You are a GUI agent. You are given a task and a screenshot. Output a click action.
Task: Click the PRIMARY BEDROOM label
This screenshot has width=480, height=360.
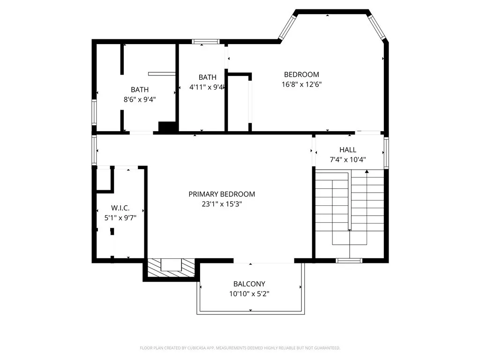click(222, 194)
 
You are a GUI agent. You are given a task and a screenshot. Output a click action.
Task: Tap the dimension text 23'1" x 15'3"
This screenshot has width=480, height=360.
click(222, 204)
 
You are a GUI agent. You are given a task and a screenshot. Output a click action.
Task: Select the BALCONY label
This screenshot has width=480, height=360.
click(249, 284)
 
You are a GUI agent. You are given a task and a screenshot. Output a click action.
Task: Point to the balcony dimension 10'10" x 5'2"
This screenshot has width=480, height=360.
click(249, 294)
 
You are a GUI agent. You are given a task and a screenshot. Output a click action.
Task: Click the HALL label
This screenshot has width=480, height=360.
click(348, 150)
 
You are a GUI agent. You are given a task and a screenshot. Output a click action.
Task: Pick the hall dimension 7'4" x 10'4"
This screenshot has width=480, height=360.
click(348, 159)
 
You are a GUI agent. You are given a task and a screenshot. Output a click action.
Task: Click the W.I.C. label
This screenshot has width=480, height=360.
click(120, 208)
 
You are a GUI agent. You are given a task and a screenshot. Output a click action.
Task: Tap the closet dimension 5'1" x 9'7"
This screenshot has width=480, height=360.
click(120, 217)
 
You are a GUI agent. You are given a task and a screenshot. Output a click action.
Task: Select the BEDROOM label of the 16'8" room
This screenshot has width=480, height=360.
click(301, 74)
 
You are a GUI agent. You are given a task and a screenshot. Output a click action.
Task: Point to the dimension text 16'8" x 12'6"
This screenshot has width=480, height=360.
click(301, 84)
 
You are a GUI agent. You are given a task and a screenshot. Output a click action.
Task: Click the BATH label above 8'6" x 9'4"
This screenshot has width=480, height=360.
click(140, 90)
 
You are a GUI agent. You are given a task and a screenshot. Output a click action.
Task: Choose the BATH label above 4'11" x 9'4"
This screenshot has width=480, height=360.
click(207, 77)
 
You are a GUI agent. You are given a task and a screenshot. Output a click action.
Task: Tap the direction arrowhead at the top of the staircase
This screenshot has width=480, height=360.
click(367, 172)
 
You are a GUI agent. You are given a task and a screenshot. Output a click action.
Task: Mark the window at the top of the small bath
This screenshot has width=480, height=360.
click(206, 42)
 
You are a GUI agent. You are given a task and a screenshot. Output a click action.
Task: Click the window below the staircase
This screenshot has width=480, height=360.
click(349, 260)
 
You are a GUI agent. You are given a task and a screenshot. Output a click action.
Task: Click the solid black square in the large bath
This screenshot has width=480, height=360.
click(166, 127)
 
